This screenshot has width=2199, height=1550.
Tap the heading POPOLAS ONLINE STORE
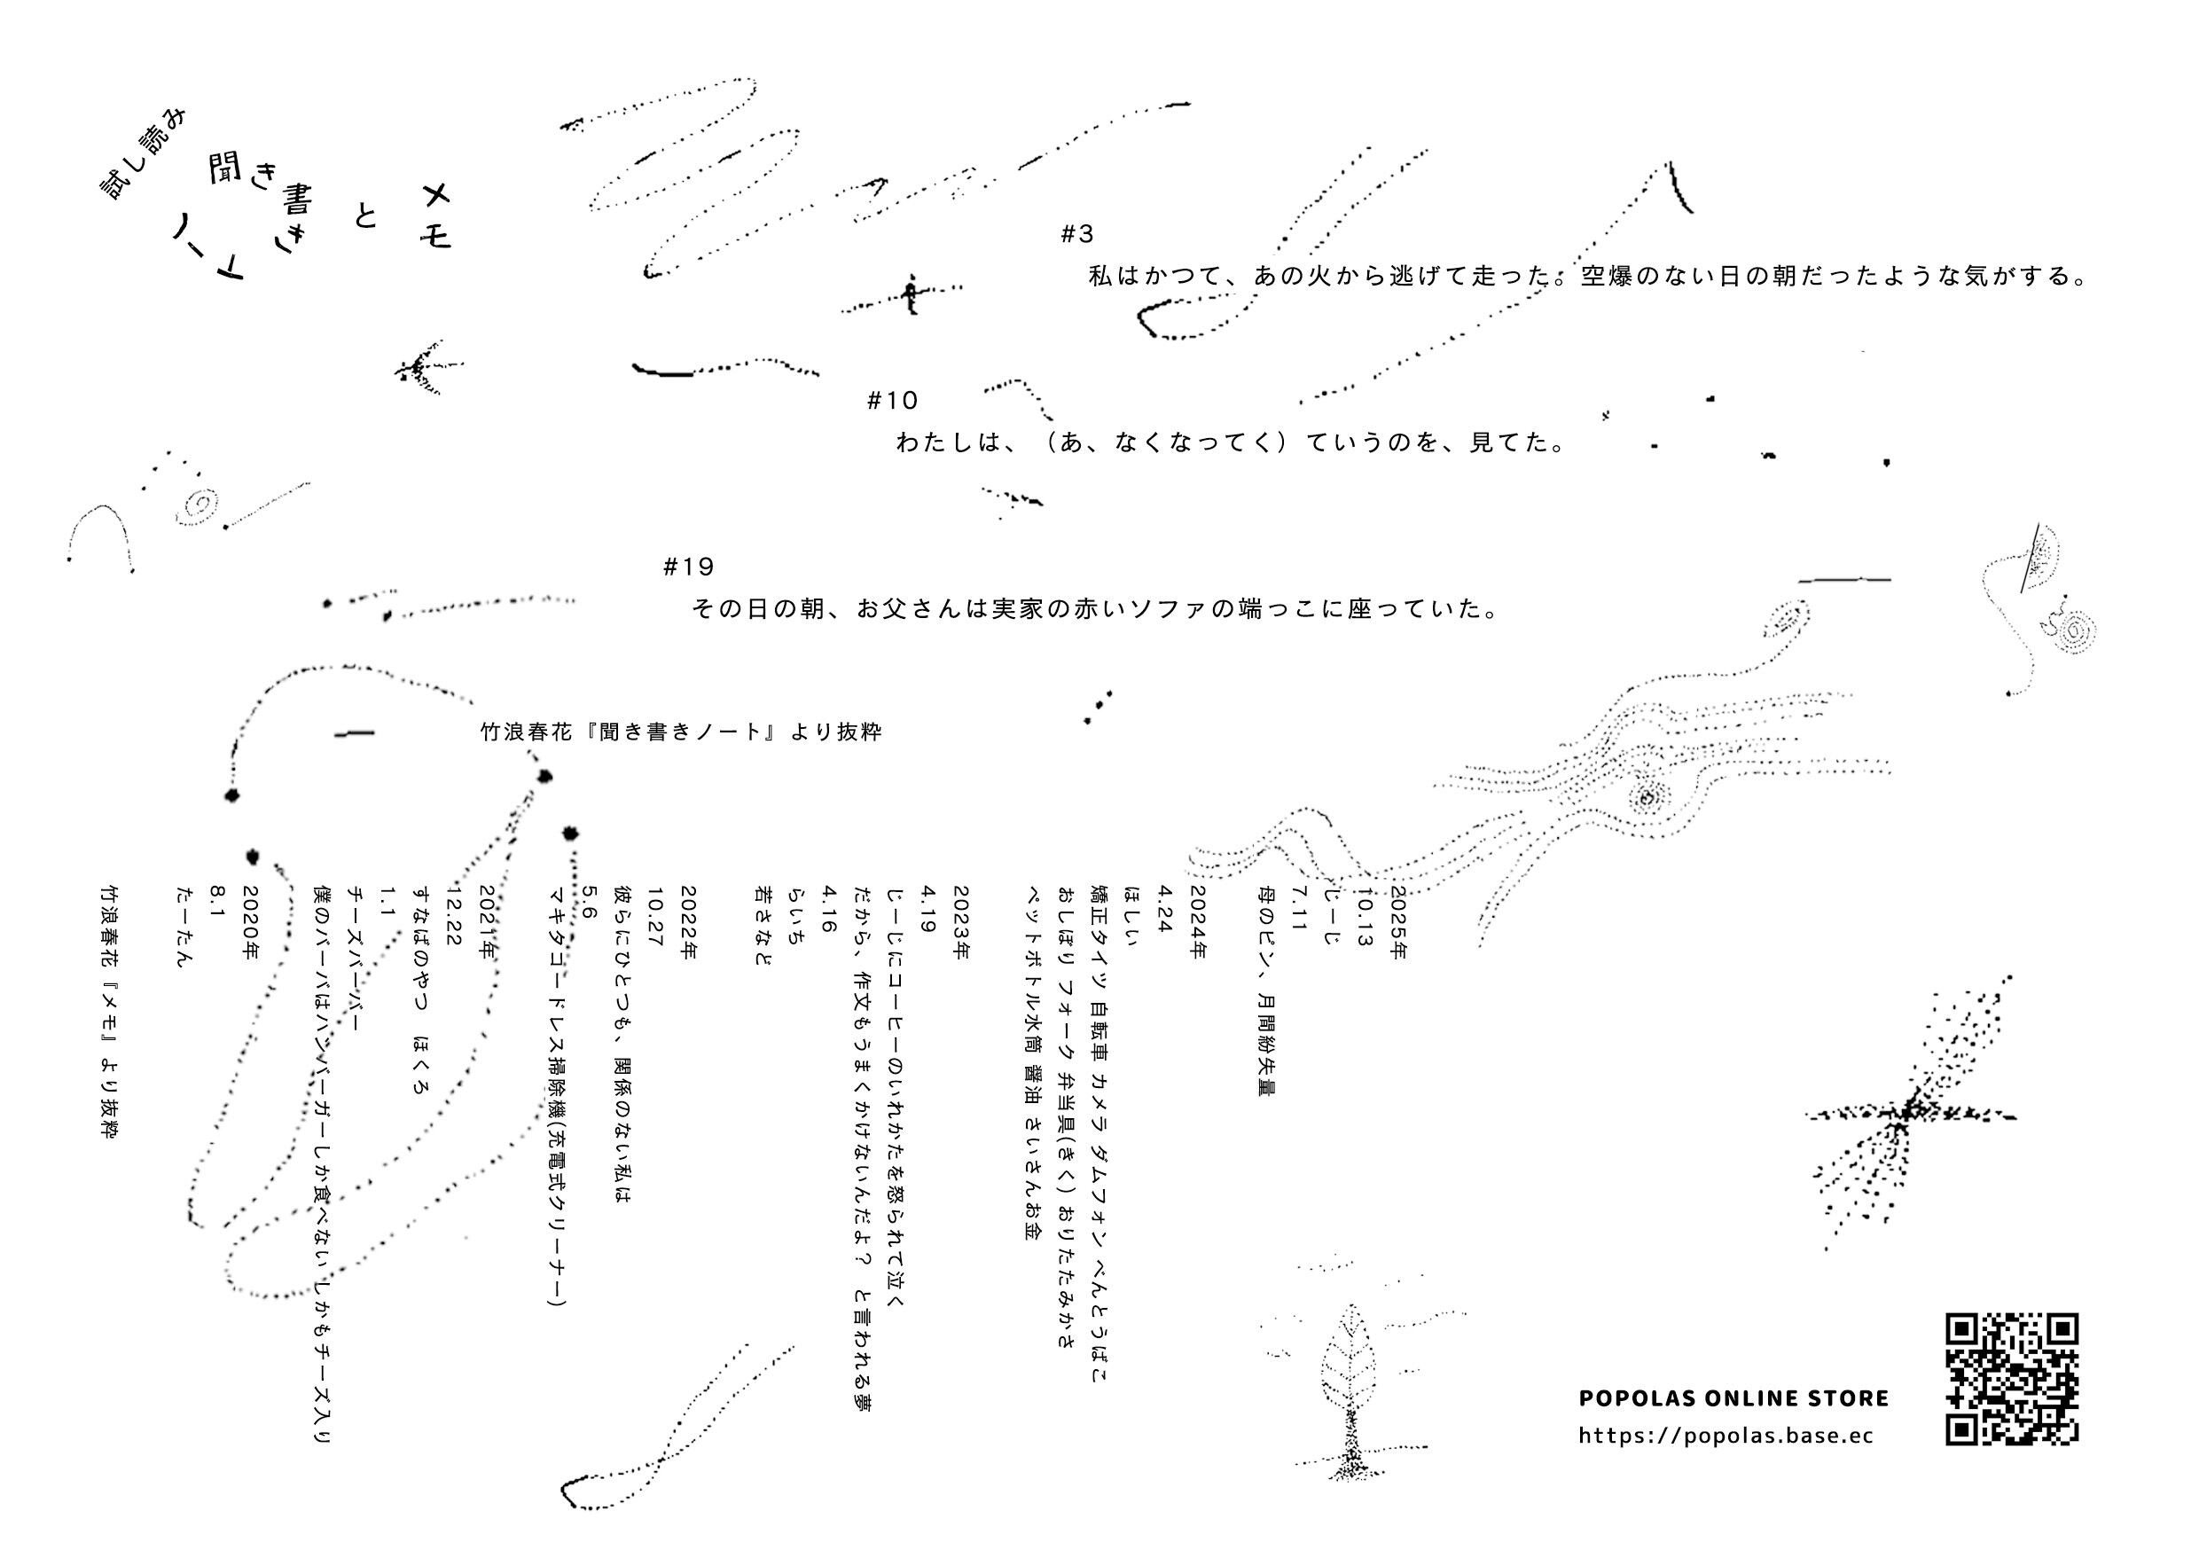[x=1733, y=1397]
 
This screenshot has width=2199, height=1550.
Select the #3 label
[x=1077, y=234]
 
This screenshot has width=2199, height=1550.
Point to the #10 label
[x=892, y=401]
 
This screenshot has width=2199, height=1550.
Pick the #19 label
[x=689, y=568]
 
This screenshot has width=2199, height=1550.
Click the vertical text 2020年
[x=251, y=922]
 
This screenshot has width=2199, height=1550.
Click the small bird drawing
[x=426, y=367]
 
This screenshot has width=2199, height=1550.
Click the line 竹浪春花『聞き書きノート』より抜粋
[x=680, y=732]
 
